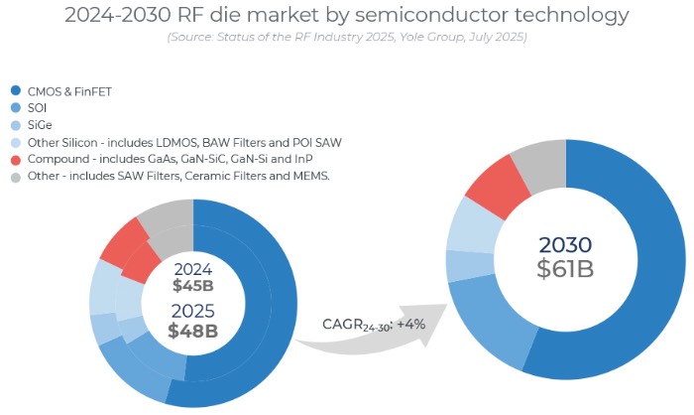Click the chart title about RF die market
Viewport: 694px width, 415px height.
[347, 15]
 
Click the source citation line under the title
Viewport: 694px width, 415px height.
[347, 38]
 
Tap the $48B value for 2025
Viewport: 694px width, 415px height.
[192, 331]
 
